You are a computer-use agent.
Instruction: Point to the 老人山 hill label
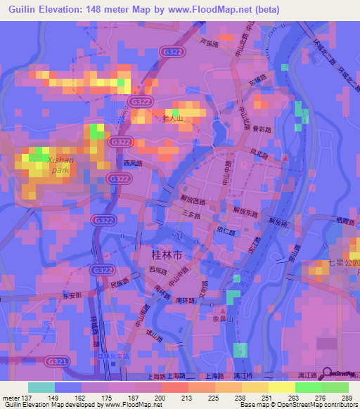coord(173,119)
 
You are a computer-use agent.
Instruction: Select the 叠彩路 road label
coord(257,130)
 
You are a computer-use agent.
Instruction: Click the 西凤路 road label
coord(133,163)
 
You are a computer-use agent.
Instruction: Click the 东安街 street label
coord(72,295)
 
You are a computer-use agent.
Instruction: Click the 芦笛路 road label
coord(209,42)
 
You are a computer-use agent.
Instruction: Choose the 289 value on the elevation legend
coord(346,398)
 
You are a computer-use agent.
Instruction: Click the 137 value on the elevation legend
coord(23,398)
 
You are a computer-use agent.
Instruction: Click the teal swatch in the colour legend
coord(41,387)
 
